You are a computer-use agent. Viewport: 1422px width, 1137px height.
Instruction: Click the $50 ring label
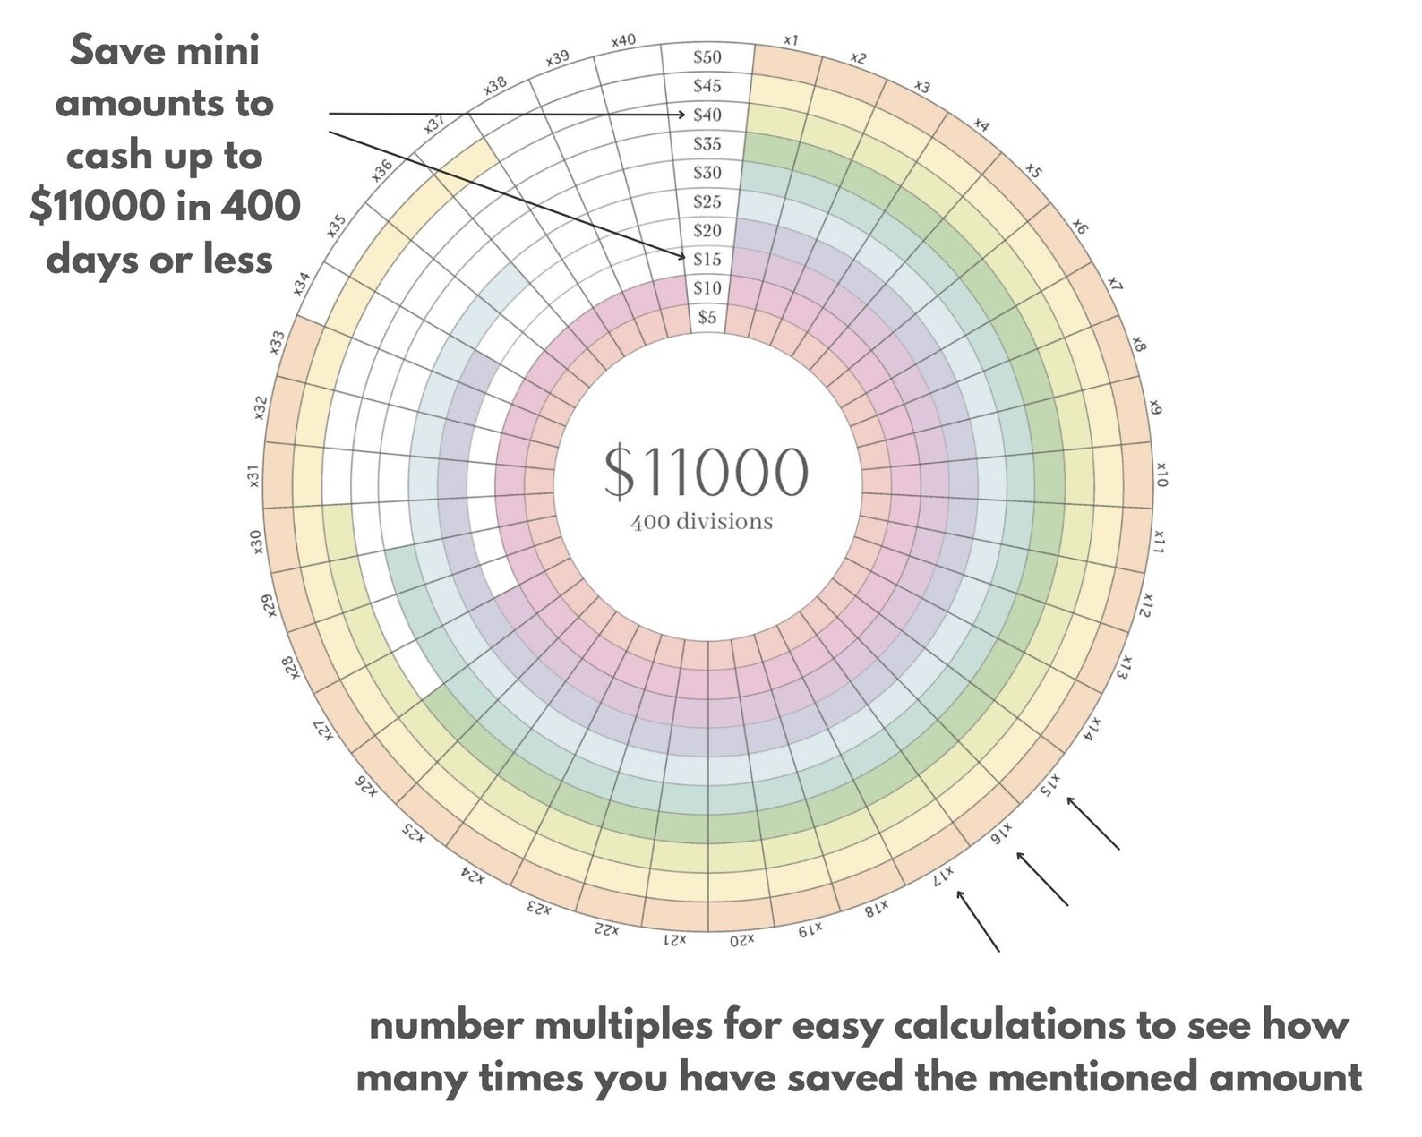tap(707, 56)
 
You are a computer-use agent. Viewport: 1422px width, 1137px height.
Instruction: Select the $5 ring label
tap(707, 317)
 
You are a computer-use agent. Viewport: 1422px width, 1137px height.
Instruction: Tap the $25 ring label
tap(707, 201)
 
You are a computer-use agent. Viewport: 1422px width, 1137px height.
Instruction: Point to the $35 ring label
tap(707, 143)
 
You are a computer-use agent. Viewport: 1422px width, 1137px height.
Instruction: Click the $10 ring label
tap(707, 288)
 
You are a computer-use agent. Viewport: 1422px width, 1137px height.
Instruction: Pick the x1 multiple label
tap(791, 40)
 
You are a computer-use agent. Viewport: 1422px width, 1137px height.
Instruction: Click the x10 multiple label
tap(1161, 474)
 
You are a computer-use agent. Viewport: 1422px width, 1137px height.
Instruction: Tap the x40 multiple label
tap(623, 41)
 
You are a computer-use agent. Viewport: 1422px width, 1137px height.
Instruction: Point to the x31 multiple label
tap(253, 475)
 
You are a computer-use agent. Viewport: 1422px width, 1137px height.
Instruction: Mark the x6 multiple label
tap(1079, 227)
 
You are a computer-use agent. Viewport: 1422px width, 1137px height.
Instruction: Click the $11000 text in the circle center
tap(706, 472)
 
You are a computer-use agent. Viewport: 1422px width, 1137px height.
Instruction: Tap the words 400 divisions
tap(701, 522)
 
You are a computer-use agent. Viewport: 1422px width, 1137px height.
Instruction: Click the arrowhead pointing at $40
tap(681, 115)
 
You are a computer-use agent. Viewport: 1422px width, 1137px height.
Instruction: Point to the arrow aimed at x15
tap(1093, 823)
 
